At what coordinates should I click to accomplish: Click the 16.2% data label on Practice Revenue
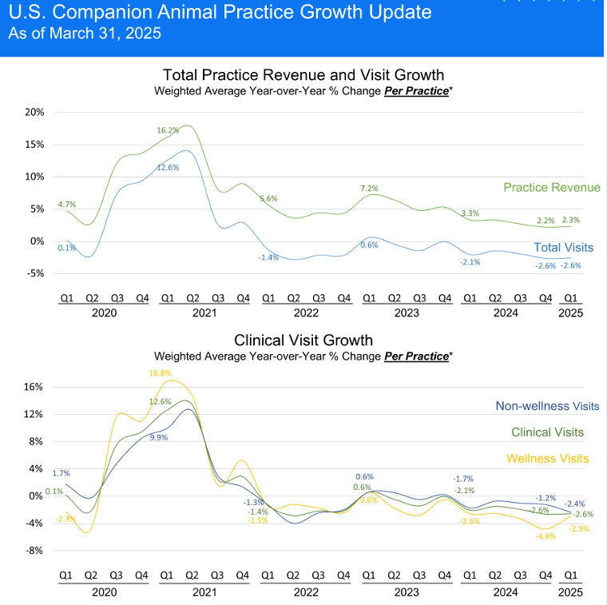tap(168, 129)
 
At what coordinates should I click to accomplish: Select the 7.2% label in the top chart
tap(369, 188)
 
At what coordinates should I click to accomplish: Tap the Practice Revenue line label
tap(551, 187)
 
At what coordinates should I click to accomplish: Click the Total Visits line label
tap(563, 248)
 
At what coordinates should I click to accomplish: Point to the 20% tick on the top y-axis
tap(34, 112)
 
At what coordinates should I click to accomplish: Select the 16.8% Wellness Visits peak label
tap(161, 372)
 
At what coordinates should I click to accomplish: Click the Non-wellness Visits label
tap(547, 406)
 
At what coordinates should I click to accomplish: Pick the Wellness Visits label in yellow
tap(548, 458)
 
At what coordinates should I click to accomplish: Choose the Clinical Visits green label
tap(547, 432)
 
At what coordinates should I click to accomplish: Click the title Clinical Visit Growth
tap(303, 340)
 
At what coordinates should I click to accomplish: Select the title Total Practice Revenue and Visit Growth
tap(303, 75)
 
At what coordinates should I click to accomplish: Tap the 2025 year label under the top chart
tap(571, 313)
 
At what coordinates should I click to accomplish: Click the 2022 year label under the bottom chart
tap(305, 592)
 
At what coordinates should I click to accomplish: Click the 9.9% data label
tap(158, 437)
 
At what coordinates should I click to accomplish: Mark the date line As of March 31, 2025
tap(84, 34)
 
